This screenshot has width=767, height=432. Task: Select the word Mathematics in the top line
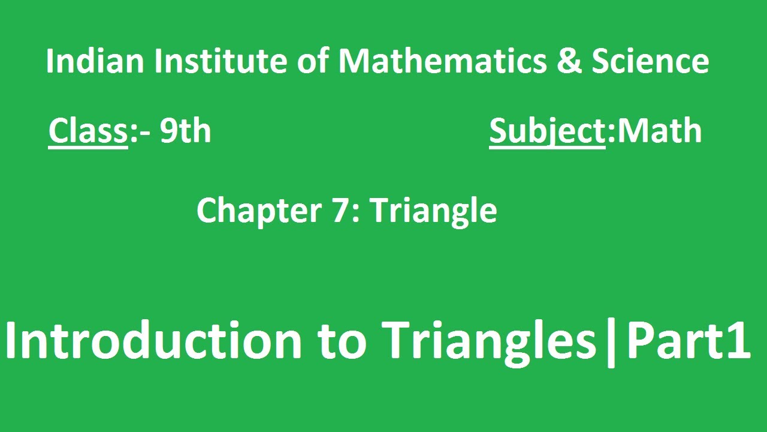click(x=442, y=61)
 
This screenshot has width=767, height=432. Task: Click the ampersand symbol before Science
click(x=568, y=62)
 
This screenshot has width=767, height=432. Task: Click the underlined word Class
click(x=88, y=131)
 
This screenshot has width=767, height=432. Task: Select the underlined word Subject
click(x=547, y=132)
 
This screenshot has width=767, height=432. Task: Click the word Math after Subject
click(x=659, y=131)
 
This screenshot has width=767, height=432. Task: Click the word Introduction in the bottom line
click(x=154, y=341)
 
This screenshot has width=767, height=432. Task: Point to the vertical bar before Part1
click(x=611, y=343)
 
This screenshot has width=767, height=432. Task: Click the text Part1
click(x=688, y=341)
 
